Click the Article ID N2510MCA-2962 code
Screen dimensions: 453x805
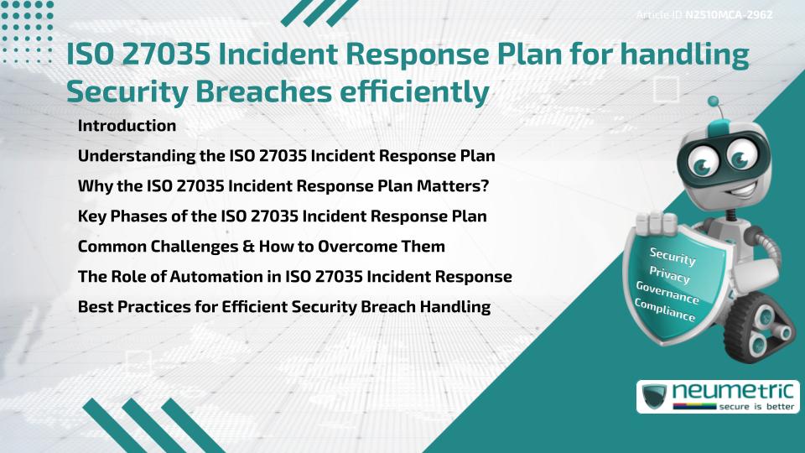tap(728, 15)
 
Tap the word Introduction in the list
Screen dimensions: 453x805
tap(127, 126)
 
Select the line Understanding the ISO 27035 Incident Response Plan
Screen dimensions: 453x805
tap(286, 156)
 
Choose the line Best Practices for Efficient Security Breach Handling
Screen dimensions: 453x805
tap(283, 307)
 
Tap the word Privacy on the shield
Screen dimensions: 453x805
tap(669, 274)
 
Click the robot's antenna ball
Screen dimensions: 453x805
tap(714, 103)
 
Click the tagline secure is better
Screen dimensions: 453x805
tap(756, 405)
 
